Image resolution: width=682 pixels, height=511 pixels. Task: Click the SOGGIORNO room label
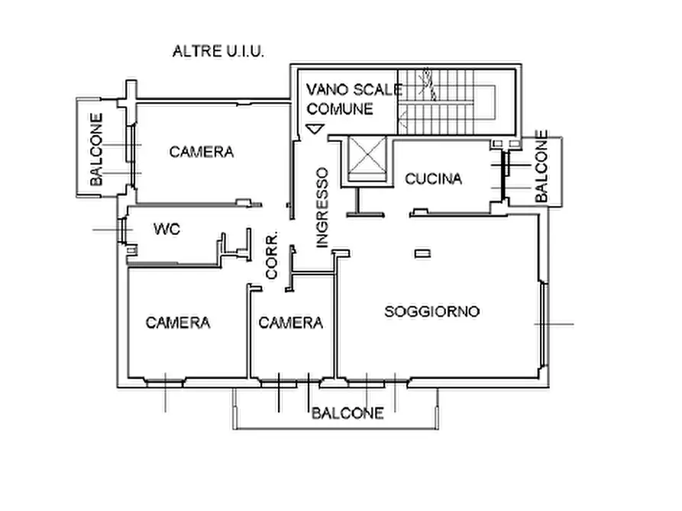432,311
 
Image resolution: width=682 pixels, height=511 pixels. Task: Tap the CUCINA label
433,179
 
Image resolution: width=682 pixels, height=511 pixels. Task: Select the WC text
166,229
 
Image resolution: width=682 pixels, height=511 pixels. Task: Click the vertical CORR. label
272,256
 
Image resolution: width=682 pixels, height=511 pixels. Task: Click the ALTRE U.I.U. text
218,52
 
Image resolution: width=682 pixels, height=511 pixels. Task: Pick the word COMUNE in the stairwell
340,109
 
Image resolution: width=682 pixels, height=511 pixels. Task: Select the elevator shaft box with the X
364,160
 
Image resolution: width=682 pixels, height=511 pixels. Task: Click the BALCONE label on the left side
97,149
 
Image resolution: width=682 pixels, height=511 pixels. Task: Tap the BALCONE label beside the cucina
541,166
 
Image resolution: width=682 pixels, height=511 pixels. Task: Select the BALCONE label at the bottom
347,413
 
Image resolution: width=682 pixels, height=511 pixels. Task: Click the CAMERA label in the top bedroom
201,152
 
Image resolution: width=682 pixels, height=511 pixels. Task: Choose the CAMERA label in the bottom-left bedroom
177,323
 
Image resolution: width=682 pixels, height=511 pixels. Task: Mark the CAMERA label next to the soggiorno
290,323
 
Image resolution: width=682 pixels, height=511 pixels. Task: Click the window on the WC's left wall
122,230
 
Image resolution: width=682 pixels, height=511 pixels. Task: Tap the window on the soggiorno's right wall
543,324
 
